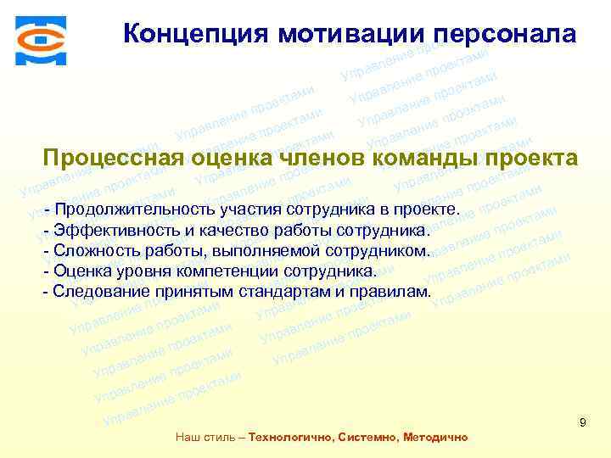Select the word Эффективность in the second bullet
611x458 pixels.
[x=110, y=231]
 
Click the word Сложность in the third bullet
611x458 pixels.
[x=91, y=251]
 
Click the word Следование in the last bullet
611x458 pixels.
[x=92, y=292]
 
